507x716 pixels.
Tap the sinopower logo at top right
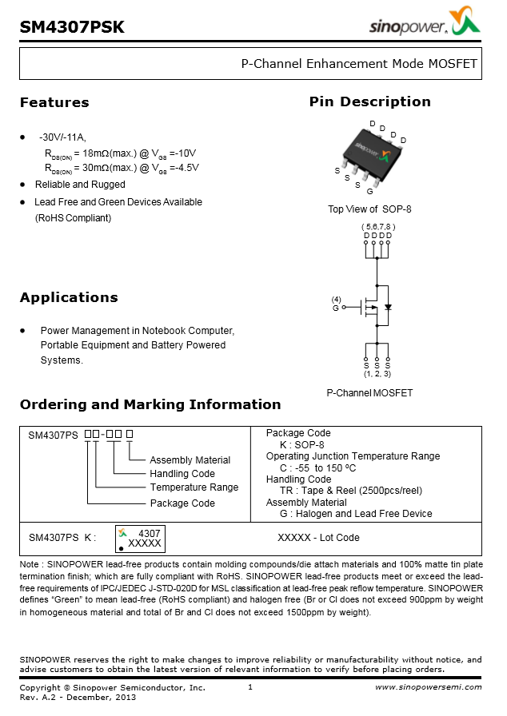tap(424, 26)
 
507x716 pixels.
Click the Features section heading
tap(54, 102)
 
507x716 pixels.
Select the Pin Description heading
tap(369, 101)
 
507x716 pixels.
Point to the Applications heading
tap(69, 297)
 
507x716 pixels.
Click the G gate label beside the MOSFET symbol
tap(335, 308)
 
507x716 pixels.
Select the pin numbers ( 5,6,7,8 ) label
tap(377, 226)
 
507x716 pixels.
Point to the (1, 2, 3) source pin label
tap(377, 373)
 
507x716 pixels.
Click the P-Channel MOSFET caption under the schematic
tap(369, 393)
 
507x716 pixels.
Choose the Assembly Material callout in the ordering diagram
tap(190, 460)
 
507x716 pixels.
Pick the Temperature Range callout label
tap(194, 487)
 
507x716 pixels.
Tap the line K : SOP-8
tap(301, 445)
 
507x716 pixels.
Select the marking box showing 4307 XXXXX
tap(141, 538)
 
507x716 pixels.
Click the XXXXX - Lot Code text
tap(318, 538)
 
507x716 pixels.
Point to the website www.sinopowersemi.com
tap(429, 687)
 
